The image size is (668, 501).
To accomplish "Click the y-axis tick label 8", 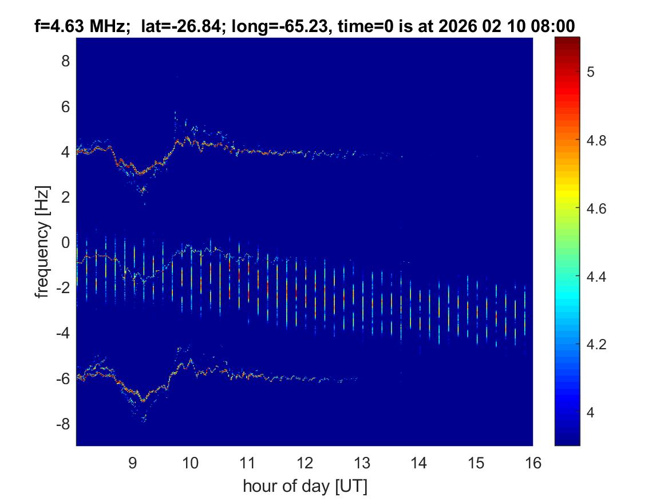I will (x=66, y=61).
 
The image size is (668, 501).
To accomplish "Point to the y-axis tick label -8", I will (x=63, y=424).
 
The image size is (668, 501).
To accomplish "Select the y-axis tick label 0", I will (x=66, y=242).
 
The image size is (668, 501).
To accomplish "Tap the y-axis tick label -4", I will (x=63, y=333).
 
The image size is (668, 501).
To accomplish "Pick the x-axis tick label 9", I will (x=133, y=463).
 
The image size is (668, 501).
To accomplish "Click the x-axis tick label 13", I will (x=362, y=463).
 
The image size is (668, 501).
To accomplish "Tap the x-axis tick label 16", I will (x=533, y=463).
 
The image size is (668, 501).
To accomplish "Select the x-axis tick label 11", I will (x=247, y=463).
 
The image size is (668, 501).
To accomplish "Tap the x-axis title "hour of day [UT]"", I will (x=305, y=486).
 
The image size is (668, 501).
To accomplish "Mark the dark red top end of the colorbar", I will (x=567, y=40).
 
